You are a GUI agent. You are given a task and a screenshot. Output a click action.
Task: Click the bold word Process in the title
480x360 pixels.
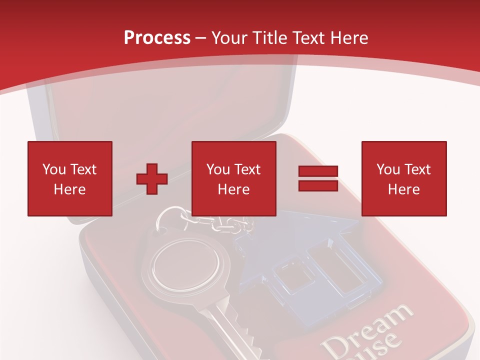coord(157,37)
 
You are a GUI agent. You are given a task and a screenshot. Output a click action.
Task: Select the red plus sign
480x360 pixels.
coord(152,179)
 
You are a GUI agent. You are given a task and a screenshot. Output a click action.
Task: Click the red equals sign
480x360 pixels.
coord(318,178)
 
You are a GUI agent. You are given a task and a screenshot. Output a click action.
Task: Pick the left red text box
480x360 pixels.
coord(70,178)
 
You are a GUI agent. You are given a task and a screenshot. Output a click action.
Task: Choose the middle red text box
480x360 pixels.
coord(233,178)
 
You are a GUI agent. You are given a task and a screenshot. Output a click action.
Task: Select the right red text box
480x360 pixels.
coord(404,178)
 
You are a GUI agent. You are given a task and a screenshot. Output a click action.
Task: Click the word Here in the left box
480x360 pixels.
coord(69,189)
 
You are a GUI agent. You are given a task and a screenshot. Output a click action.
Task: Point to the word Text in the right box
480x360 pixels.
coord(417,169)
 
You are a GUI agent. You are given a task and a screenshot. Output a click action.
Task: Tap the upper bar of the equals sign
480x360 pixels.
coord(318,171)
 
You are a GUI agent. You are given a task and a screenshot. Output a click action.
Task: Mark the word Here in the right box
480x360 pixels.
coord(403,189)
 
